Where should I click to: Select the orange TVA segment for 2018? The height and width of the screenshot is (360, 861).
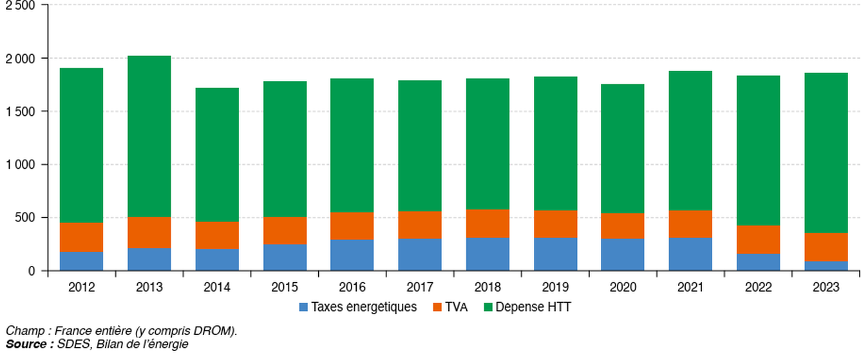click(x=487, y=223)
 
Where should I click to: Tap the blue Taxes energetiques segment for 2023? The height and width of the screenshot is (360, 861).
click(x=826, y=265)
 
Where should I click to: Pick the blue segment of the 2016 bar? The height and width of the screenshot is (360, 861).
click(x=352, y=254)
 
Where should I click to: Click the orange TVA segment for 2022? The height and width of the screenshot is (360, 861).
click(x=759, y=239)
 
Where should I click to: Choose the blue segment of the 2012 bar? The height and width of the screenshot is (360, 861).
click(x=81, y=261)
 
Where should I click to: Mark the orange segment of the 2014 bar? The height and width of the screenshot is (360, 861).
click(x=217, y=235)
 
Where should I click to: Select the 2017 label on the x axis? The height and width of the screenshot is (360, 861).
click(x=420, y=287)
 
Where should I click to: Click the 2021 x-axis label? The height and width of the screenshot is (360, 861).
click(x=691, y=287)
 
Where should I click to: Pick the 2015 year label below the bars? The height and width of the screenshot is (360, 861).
click(x=285, y=287)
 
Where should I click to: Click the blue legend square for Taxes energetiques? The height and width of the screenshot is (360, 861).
click(x=304, y=307)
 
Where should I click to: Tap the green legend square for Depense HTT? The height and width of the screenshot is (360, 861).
click(x=489, y=307)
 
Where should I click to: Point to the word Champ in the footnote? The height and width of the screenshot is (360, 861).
click(x=22, y=331)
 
